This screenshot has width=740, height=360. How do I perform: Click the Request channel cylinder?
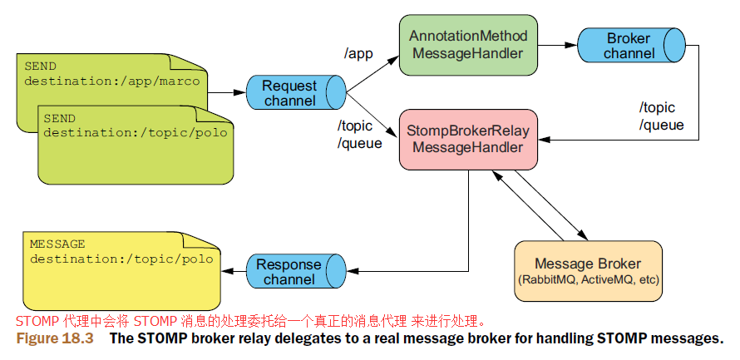pyautogui.click(x=296, y=92)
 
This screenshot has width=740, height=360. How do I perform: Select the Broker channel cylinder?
pyautogui.click(x=632, y=45)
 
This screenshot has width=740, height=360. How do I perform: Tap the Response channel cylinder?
pyautogui.click(x=296, y=271)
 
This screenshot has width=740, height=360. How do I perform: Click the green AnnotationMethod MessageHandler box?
pyautogui.click(x=468, y=45)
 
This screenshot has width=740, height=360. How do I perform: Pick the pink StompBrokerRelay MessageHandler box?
pyautogui.click(x=468, y=140)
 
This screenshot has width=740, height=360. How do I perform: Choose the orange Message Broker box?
pyautogui.click(x=588, y=271)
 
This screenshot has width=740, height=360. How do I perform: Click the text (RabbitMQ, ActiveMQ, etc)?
pyautogui.click(x=588, y=279)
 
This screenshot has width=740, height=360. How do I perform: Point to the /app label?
pyautogui.click(x=358, y=54)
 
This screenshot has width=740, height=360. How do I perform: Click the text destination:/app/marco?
pyautogui.click(x=112, y=81)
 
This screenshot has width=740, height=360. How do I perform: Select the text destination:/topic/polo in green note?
pyautogui.click(x=136, y=133)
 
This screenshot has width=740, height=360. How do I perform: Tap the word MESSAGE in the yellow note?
pyautogui.click(x=57, y=244)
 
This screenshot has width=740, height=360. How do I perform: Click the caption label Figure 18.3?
pyautogui.click(x=55, y=338)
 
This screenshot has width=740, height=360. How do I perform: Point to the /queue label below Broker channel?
pyautogui.click(x=662, y=126)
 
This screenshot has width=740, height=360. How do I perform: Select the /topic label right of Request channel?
pyautogui.click(x=354, y=126)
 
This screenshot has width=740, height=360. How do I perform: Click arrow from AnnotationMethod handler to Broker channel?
pyautogui.click(x=558, y=45)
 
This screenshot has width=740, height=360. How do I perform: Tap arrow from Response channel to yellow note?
pyautogui.click(x=234, y=271)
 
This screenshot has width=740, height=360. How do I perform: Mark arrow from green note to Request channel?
pyautogui.click(x=227, y=92)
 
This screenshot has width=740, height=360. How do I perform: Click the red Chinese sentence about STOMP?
pyautogui.click(x=250, y=322)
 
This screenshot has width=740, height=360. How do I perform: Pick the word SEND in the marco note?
pyautogui.click(x=40, y=66)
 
